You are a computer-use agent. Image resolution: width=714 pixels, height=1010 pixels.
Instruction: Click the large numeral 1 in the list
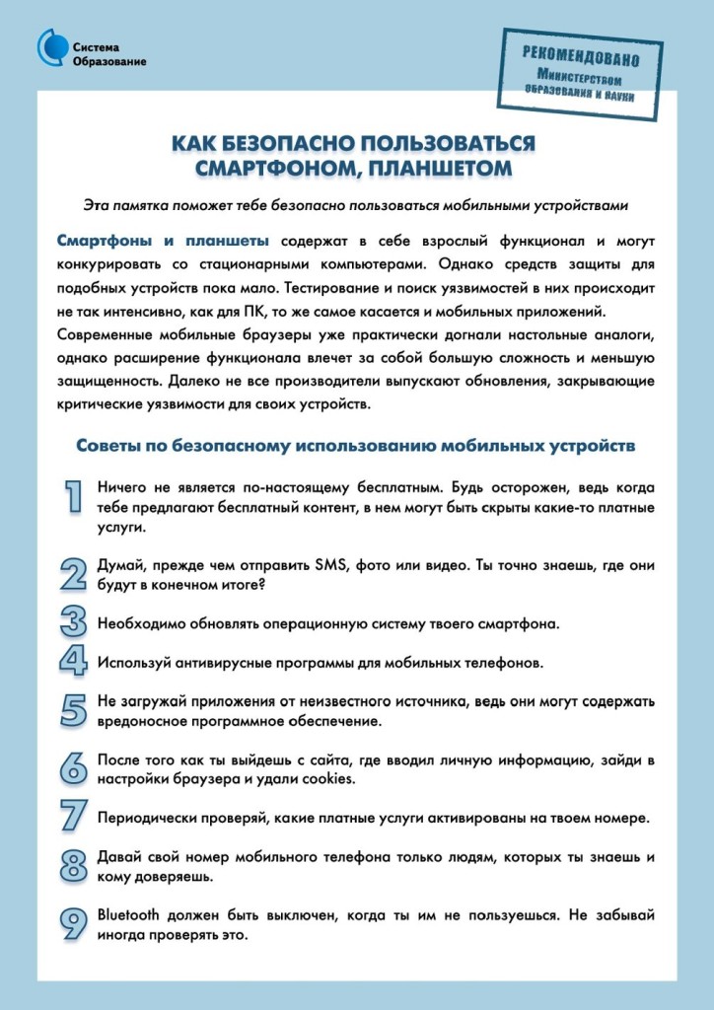click(x=73, y=498)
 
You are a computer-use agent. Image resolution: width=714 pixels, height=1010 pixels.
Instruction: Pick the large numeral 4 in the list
click(x=73, y=660)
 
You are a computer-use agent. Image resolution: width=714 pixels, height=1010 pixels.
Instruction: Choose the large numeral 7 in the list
click(x=73, y=816)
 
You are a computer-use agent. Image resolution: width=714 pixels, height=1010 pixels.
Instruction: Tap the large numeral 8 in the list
click(x=73, y=865)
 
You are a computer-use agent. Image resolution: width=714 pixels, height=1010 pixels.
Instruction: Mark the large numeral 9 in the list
click(x=73, y=924)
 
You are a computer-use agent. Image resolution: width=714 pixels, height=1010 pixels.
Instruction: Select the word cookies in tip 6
click(x=326, y=778)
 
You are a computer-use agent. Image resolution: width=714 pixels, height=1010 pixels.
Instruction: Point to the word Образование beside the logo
click(x=109, y=62)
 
